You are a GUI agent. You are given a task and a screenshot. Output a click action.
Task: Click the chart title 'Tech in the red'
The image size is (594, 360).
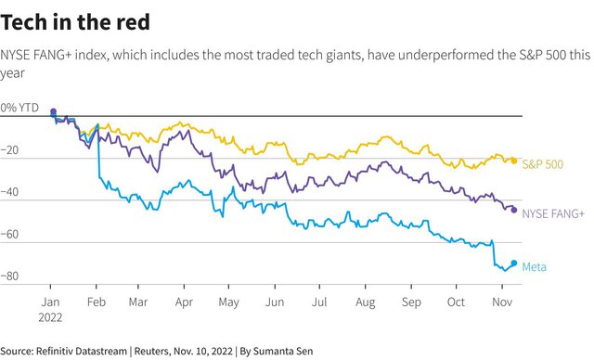coord(75,22)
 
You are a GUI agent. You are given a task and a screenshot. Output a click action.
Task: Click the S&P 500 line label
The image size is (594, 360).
coord(542,164)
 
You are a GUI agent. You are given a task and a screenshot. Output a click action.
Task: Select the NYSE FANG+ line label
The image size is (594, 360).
coord(553,214)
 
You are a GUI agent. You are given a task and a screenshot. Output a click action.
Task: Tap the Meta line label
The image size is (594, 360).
coord(535,267)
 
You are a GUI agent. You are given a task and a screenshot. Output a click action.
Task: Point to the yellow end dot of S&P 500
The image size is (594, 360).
coord(514,161)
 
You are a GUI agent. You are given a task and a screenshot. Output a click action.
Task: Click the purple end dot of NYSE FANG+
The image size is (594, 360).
coord(514,210)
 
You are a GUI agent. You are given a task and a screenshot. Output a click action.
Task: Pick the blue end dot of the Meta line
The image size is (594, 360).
coord(514,264)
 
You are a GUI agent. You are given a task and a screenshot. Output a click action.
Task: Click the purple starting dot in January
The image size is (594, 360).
coord(54,111)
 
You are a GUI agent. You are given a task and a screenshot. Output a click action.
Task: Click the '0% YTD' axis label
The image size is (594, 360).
coord(19,108)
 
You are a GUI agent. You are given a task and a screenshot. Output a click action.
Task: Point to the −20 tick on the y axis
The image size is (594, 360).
coord(9,150)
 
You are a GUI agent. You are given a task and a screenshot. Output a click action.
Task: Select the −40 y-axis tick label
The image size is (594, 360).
coord(9,192)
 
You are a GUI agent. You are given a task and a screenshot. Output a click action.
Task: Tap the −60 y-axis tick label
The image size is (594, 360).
coord(9,235)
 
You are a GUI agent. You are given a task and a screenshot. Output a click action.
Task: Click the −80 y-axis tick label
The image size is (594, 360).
coord(9,276)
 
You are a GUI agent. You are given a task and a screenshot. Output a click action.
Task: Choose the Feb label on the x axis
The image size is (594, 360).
coord(97,302)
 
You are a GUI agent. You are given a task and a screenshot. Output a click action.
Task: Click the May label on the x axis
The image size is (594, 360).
coord(229,302)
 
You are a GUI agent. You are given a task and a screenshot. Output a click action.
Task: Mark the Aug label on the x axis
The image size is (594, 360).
coord(365,302)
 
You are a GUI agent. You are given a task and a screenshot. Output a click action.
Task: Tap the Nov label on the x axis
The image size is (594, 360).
coord(502,302)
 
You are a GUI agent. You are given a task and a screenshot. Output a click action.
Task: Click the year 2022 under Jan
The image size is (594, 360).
coord(50,317)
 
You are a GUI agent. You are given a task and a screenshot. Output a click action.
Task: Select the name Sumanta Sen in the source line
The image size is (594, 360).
coord(283,351)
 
